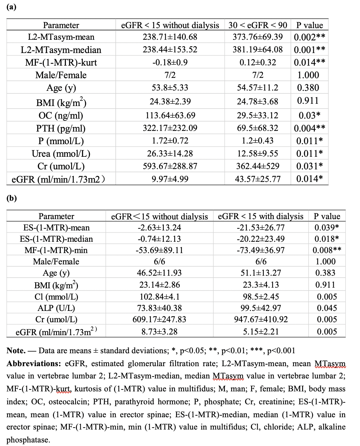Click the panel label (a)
point(11,7)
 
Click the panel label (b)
point(12,198)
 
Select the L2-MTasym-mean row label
point(61,37)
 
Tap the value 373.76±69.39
point(258,37)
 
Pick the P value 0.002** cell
point(309,37)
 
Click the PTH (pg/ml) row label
point(61,128)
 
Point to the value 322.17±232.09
point(170,128)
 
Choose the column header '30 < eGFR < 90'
point(258,25)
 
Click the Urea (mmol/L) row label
point(61,154)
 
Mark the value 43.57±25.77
point(258,179)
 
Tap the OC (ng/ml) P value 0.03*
point(309,115)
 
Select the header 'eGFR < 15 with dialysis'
point(260,216)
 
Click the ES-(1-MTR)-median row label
point(56,239)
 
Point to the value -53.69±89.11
point(159,250)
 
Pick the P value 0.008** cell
point(327,250)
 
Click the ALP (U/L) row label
point(56,308)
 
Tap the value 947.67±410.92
point(260,319)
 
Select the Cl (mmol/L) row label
point(56,297)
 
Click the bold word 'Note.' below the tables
point(16,351)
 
